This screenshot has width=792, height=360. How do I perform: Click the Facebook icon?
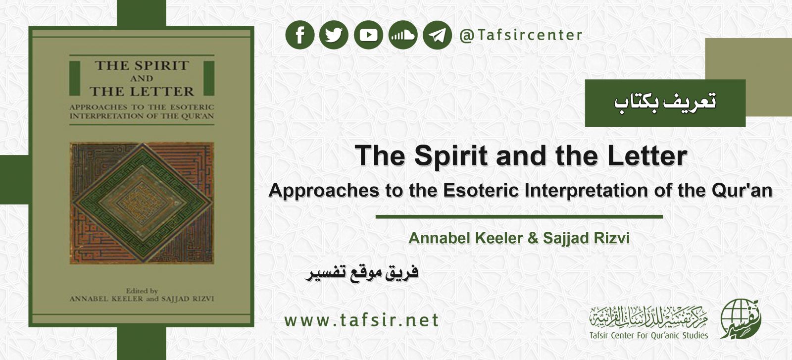300,35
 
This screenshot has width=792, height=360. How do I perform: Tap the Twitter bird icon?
334,35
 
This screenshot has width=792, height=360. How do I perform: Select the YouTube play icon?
368,35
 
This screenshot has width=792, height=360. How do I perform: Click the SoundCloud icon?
403,35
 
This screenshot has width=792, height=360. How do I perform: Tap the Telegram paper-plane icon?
437,35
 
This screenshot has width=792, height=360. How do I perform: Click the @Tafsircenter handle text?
521,35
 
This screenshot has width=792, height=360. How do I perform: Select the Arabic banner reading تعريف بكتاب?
665,103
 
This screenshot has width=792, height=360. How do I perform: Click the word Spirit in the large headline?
451,156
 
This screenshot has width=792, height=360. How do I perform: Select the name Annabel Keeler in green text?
465,238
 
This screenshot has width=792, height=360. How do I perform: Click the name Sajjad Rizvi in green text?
586,238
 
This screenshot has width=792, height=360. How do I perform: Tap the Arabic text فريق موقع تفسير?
362,273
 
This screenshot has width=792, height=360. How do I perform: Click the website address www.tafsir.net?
361,320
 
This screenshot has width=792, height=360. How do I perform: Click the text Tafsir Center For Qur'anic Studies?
648,335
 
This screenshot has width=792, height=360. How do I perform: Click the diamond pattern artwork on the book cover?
142,203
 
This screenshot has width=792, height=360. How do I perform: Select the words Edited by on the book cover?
142,291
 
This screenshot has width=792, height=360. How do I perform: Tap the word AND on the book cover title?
142,79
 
